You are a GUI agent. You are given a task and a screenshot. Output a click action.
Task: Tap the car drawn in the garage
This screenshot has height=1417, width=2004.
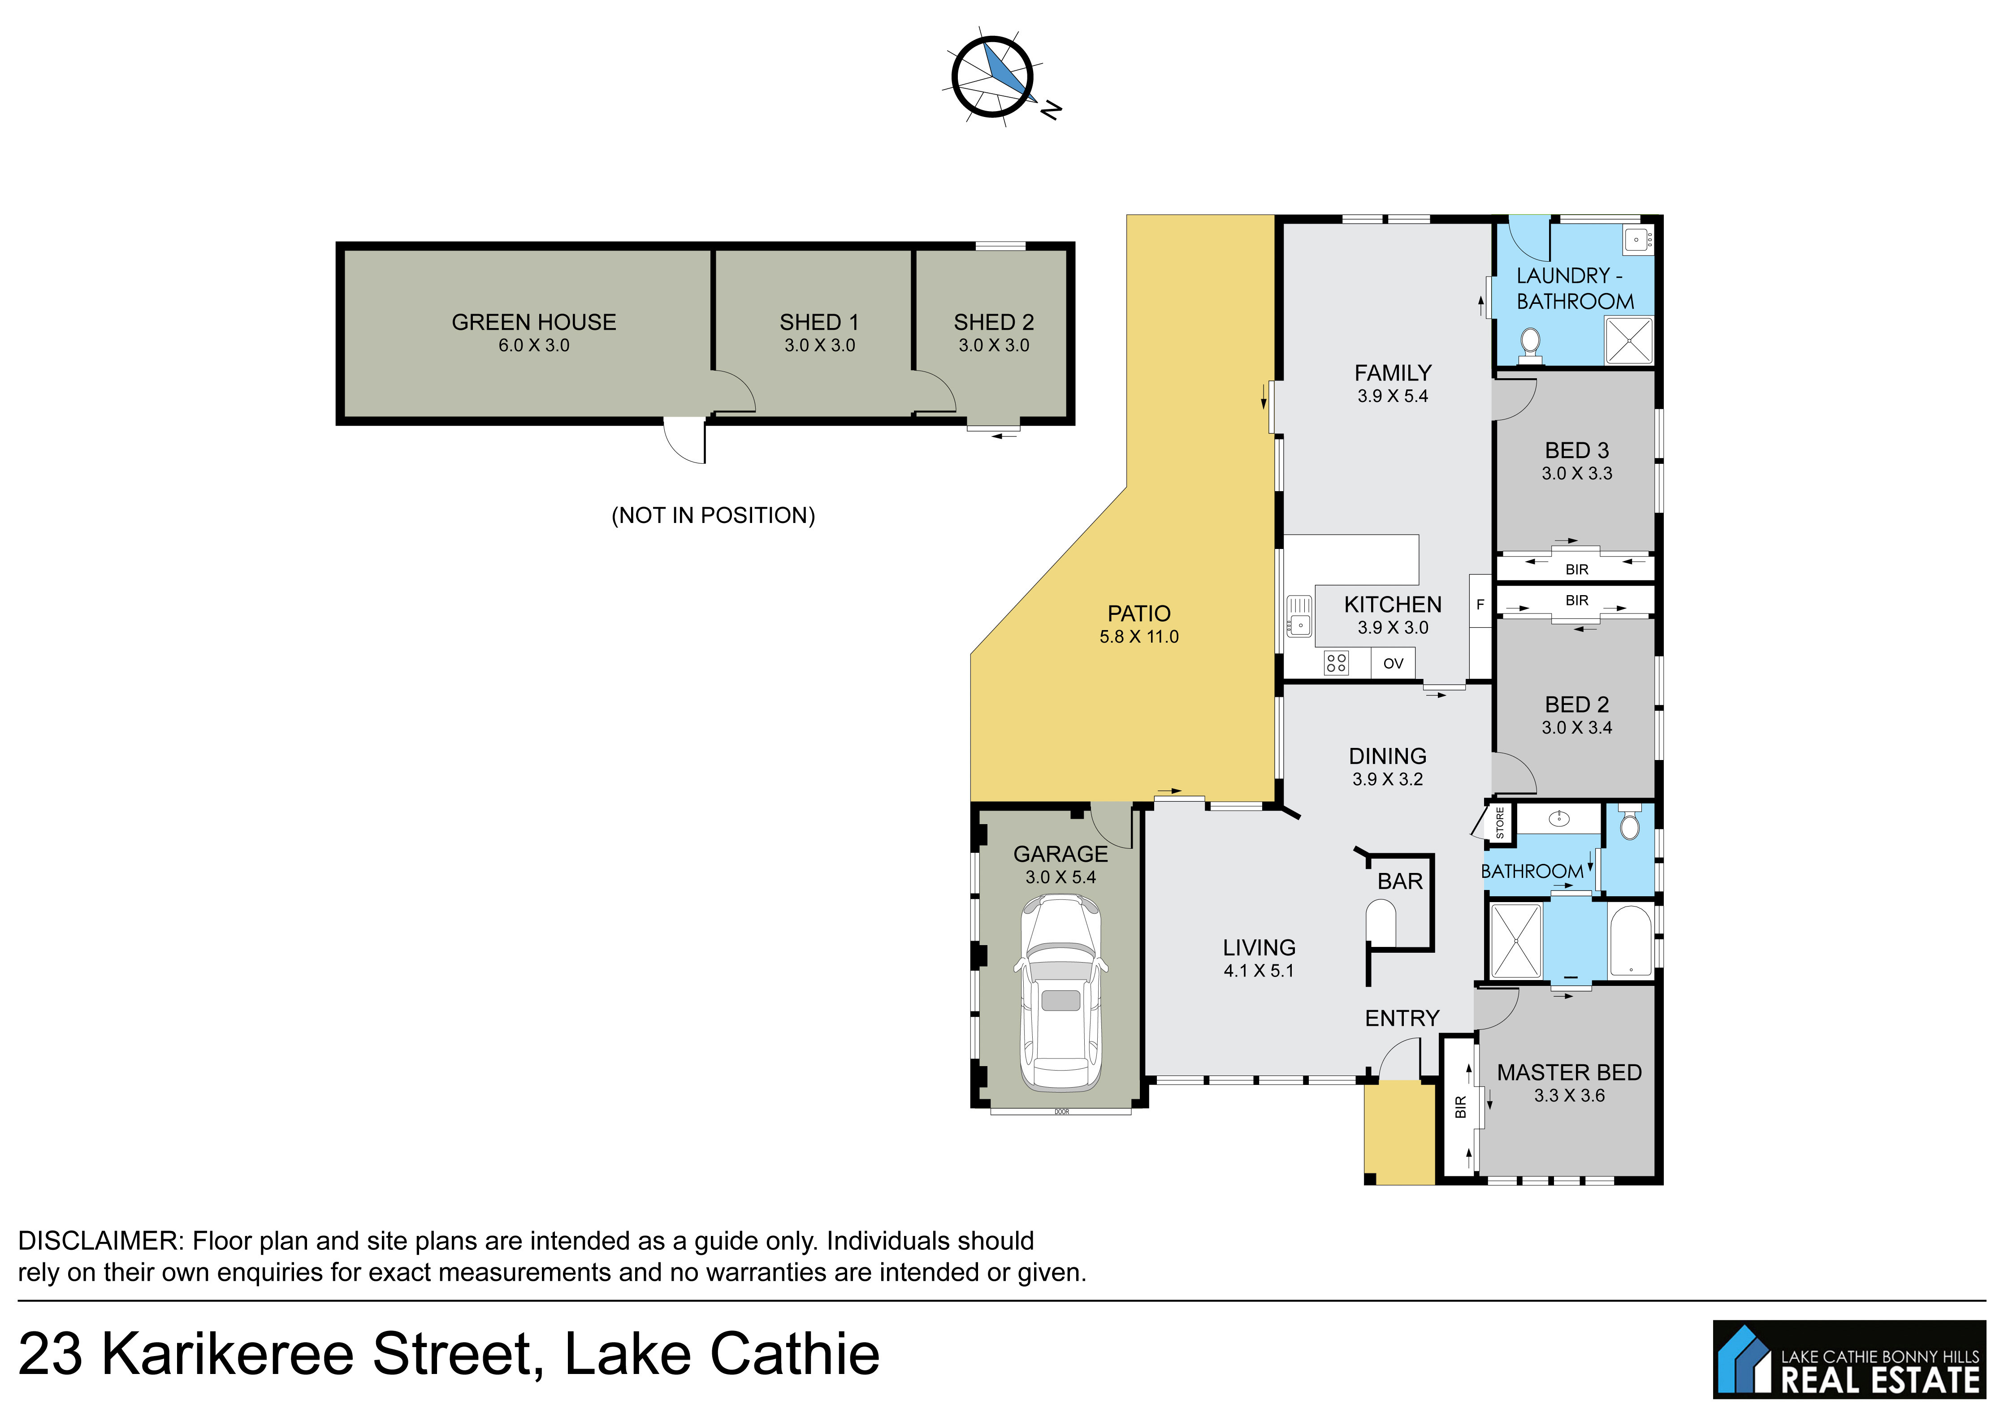point(1060,992)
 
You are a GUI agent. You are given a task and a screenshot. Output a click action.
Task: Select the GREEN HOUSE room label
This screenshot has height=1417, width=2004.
point(533,322)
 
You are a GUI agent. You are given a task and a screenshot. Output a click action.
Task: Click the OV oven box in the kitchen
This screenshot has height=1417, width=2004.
point(1393,663)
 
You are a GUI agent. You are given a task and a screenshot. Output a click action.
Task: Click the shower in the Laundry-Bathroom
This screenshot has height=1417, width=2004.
point(1629,340)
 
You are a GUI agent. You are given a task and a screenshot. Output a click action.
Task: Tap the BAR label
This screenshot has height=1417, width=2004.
point(1400,881)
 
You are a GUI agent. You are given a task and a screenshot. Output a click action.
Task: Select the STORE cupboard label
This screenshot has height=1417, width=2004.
point(1499,823)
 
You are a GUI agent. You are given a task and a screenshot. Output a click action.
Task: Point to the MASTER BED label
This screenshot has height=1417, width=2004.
point(1569,1072)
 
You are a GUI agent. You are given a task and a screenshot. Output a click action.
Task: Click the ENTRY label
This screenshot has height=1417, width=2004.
point(1402,1018)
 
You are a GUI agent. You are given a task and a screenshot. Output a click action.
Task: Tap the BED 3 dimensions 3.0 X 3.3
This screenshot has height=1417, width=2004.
point(1576,474)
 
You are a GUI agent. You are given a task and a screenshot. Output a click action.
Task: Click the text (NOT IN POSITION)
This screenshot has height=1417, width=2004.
point(713,516)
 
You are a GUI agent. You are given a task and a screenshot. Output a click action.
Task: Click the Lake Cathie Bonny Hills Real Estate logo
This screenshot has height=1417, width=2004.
point(1848,1359)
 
